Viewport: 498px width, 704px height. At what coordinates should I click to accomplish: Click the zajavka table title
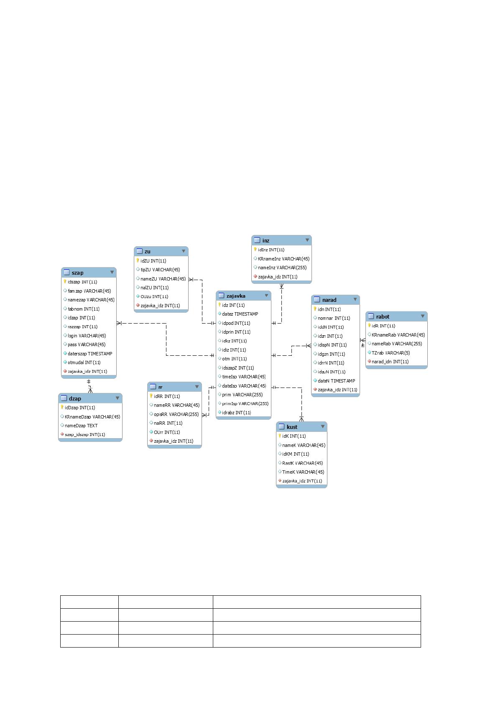(235, 296)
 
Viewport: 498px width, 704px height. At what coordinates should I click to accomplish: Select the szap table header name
(77, 273)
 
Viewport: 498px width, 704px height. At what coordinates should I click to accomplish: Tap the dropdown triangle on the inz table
(307, 240)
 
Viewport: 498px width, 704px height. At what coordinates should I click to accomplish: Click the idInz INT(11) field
(271, 250)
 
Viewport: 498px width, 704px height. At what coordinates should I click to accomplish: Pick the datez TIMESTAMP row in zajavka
(240, 314)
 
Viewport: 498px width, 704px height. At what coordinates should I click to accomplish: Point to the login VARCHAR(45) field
(87, 336)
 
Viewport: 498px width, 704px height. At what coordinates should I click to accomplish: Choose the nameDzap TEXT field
(81, 426)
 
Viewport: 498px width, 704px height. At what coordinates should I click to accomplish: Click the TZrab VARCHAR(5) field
(391, 353)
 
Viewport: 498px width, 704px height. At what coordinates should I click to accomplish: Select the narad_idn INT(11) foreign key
(390, 362)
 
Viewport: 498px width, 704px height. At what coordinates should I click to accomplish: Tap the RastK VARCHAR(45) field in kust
(302, 463)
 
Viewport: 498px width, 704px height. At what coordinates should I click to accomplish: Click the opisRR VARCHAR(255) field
(176, 414)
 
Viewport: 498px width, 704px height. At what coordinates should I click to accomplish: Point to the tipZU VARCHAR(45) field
(160, 270)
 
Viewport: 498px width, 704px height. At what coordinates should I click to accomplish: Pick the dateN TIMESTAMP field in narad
(336, 380)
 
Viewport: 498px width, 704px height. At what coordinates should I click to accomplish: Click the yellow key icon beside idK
(279, 436)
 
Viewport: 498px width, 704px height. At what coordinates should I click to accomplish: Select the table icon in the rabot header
(371, 316)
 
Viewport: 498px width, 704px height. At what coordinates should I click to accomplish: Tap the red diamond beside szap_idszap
(62, 434)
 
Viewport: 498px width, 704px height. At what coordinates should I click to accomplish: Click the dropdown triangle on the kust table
(322, 426)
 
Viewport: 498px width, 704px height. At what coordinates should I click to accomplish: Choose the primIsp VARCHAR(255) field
(245, 403)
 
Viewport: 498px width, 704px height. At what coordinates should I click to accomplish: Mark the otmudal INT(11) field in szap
(84, 362)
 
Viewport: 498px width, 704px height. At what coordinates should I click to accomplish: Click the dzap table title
(75, 398)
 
